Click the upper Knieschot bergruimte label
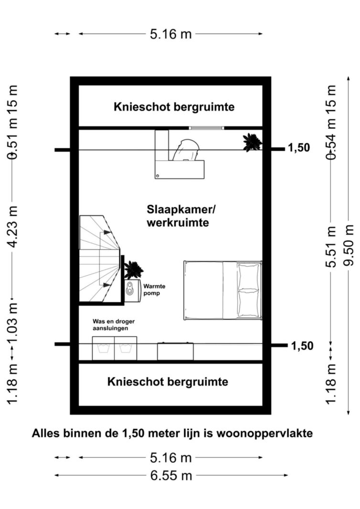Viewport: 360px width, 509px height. [174, 107]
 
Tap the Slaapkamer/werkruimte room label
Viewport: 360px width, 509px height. [178, 216]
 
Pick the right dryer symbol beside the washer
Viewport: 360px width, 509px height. [126, 349]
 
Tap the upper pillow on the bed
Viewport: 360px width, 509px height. [249, 275]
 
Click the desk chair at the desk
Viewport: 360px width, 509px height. [186, 150]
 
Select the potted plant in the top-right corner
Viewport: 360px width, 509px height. [252, 142]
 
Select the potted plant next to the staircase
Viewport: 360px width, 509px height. [133, 270]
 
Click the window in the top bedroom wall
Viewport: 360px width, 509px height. [206, 128]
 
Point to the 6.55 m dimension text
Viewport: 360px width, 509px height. [171, 476]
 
